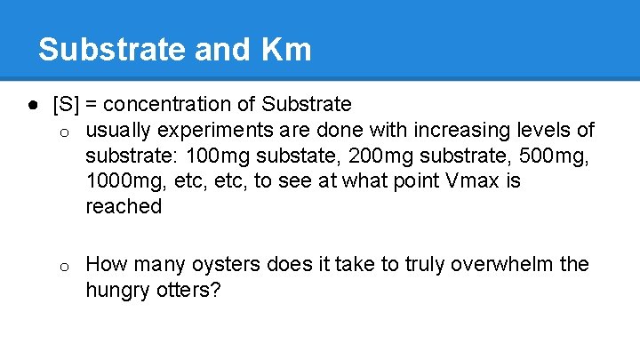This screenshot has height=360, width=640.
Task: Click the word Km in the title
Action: (x=286, y=49)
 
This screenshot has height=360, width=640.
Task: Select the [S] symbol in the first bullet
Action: (x=66, y=105)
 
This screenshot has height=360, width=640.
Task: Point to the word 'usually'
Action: (x=119, y=131)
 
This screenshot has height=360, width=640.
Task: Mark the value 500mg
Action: (x=558, y=156)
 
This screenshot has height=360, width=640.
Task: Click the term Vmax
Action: (x=473, y=181)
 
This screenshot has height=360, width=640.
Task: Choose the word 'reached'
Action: (x=124, y=207)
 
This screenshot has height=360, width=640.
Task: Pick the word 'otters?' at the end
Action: (x=190, y=291)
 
